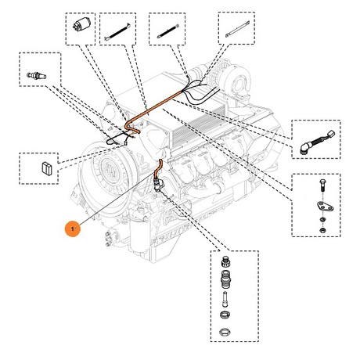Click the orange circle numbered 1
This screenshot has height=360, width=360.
tap(73, 229)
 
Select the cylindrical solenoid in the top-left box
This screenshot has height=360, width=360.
tap(81, 25)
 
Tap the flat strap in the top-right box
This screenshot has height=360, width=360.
tap(237, 29)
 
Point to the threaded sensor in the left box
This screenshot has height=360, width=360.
tap(37, 76)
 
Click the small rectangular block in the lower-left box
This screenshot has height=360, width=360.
tap(47, 168)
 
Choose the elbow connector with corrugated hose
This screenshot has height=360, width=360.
tap(317, 142)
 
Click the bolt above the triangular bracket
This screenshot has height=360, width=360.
tap(322, 186)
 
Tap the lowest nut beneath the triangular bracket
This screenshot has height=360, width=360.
tap(322, 230)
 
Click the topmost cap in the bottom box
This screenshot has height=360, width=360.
tap(225, 261)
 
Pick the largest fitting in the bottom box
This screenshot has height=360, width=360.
tap(225, 279)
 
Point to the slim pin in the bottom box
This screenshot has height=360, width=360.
tap(225, 300)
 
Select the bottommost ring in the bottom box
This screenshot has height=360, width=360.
tap(225, 332)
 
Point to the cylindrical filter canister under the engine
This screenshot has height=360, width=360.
tap(139, 236)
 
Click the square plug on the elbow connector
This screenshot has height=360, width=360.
tap(331, 134)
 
